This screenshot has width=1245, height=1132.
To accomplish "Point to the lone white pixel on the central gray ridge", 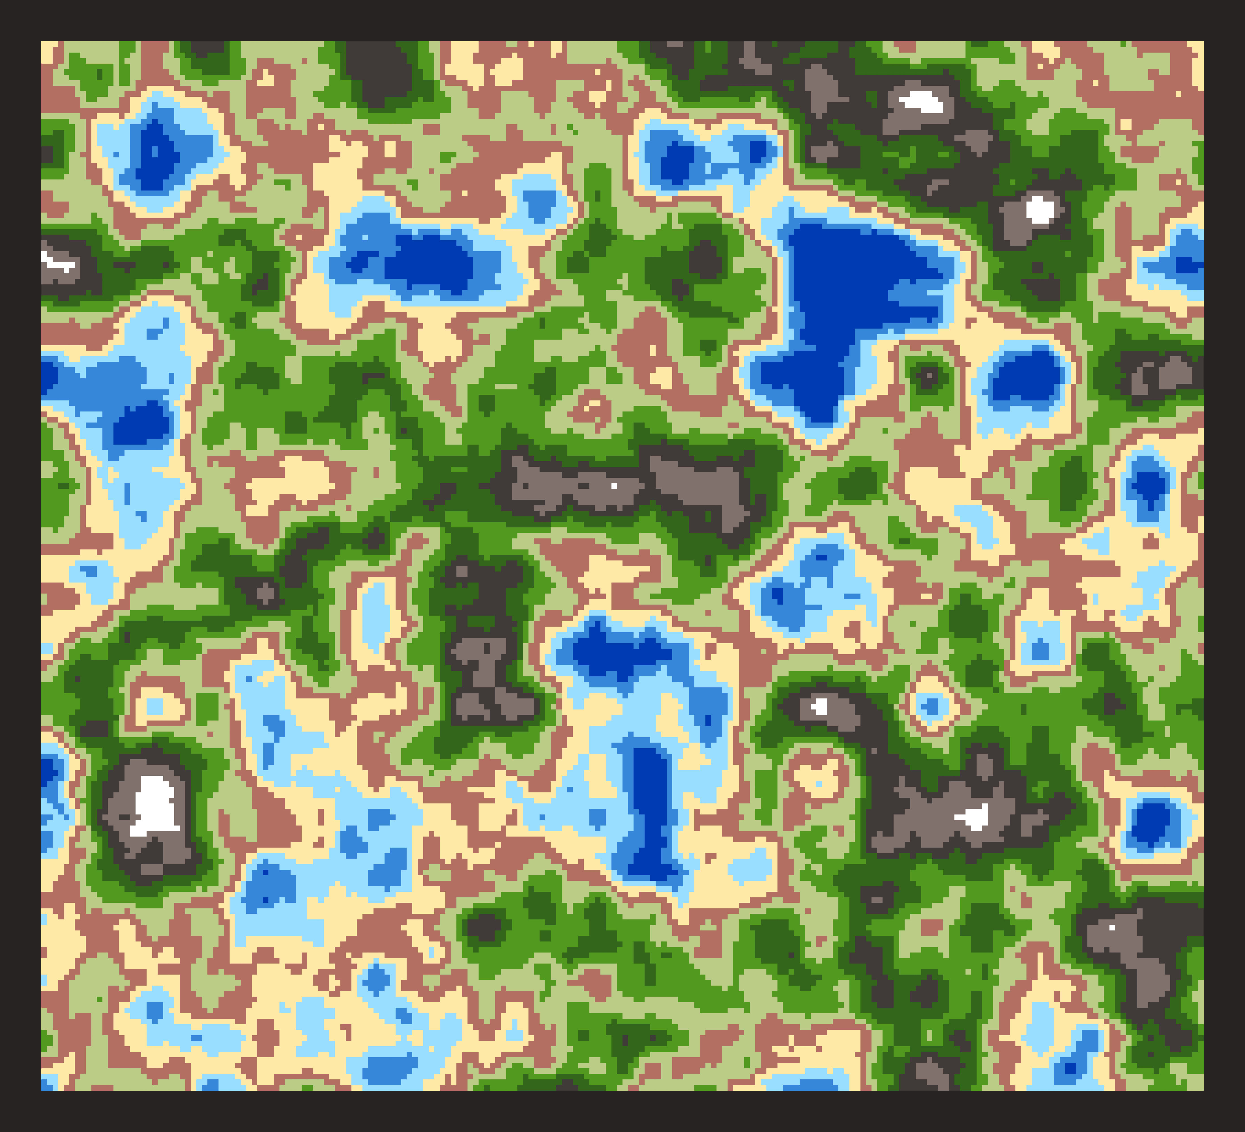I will point(614,486).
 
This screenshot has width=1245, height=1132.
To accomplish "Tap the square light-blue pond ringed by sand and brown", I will point(154,705).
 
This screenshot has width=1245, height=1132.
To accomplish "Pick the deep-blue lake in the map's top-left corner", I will point(154,155).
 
